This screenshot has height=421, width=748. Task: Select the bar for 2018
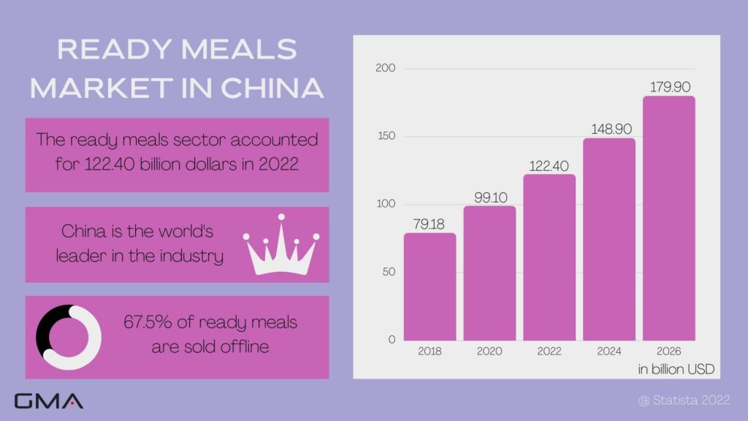click(430, 287)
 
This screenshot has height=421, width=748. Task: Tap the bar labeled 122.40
click(549, 257)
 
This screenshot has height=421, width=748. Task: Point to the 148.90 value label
click(608, 129)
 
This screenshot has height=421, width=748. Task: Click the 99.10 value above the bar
click(489, 197)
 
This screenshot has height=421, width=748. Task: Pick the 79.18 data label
click(430, 224)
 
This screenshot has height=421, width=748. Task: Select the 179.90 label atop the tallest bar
click(668, 87)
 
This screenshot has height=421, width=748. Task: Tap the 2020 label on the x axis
click(489, 351)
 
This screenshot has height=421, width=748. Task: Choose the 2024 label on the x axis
click(608, 351)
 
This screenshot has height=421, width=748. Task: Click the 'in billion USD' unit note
click(675, 368)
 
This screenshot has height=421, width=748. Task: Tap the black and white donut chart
click(69, 337)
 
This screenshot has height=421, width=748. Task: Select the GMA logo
click(48, 401)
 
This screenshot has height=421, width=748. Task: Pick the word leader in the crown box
click(81, 257)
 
